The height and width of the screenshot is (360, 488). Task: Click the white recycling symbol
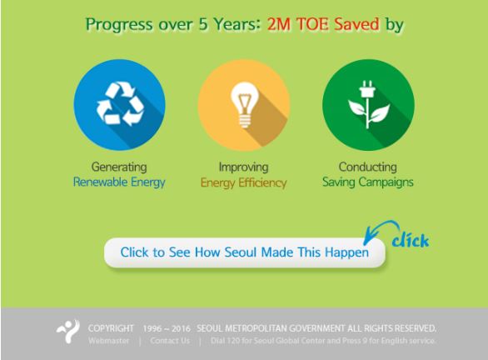[x=120, y=103]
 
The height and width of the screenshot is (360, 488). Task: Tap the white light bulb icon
[x=245, y=105]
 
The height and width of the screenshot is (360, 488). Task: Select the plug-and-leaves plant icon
[x=368, y=105]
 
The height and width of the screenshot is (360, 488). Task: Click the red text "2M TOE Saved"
[x=323, y=24]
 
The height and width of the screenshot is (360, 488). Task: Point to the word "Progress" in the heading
[x=119, y=25]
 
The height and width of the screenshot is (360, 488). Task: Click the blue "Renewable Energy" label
[x=119, y=182]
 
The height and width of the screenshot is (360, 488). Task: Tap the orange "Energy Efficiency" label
[x=244, y=182]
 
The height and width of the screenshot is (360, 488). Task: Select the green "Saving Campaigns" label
[x=368, y=182]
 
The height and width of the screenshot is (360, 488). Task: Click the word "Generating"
[x=119, y=167]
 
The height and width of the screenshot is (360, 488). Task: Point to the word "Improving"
[x=244, y=167]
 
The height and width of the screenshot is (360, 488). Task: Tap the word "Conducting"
[x=368, y=167]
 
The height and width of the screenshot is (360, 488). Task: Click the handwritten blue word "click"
[x=411, y=240]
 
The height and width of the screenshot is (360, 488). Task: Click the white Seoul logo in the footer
[x=68, y=332]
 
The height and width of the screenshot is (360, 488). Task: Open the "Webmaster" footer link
[x=108, y=341]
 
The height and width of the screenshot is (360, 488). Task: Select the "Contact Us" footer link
[x=170, y=341]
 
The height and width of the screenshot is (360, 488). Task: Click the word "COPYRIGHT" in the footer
[x=111, y=328]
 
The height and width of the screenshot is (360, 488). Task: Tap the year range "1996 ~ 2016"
[x=167, y=328]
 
